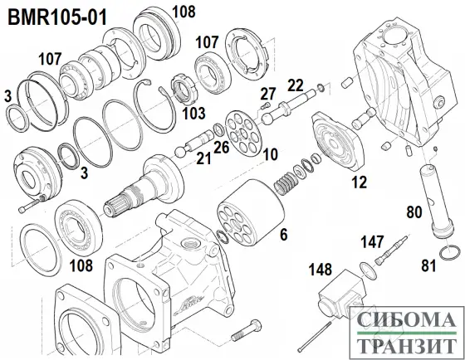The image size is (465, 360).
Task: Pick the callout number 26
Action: point(220,148)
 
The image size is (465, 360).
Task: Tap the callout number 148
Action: point(320,270)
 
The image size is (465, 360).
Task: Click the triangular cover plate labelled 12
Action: point(333,146)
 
